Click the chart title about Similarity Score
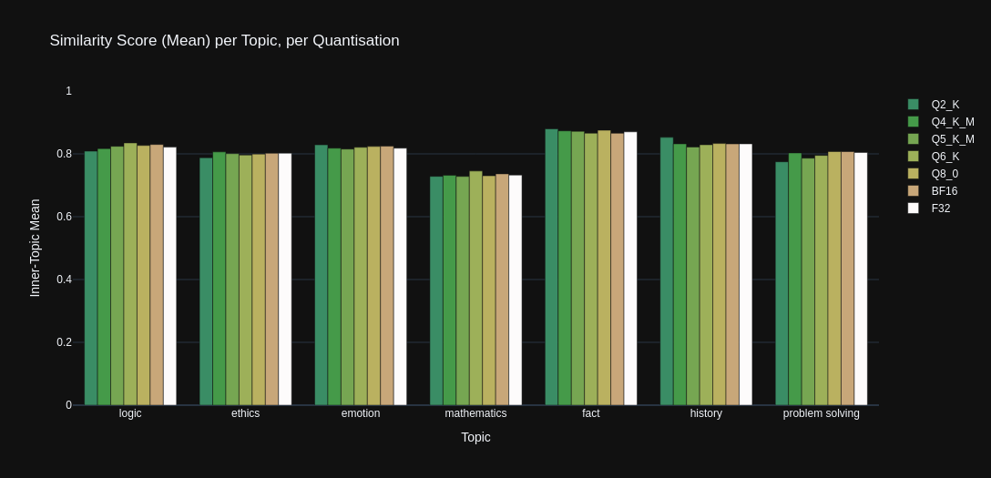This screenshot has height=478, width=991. pos(224,41)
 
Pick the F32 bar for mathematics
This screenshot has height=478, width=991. pos(516,290)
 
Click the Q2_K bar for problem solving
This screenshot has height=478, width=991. pos(782,283)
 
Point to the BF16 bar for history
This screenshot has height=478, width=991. pos(733,274)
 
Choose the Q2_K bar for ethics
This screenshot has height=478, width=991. pos(206,281)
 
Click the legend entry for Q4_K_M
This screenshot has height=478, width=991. pos(952,122)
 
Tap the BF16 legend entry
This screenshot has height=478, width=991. pos(944,191)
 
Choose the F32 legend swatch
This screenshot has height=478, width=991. pos(914,208)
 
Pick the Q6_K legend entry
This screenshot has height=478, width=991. pos(945,157)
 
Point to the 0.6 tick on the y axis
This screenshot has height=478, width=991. pos(65,217)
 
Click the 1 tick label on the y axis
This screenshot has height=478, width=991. pos(68,91)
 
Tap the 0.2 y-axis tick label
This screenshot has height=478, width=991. pos(65,342)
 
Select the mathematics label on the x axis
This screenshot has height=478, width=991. pos(475,413)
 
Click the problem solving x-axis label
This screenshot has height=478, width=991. pos(821,413)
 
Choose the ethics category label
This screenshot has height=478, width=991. pos(245,413)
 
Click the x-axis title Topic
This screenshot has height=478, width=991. pos(475,437)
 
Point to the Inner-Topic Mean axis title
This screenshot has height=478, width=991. pos(36,248)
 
